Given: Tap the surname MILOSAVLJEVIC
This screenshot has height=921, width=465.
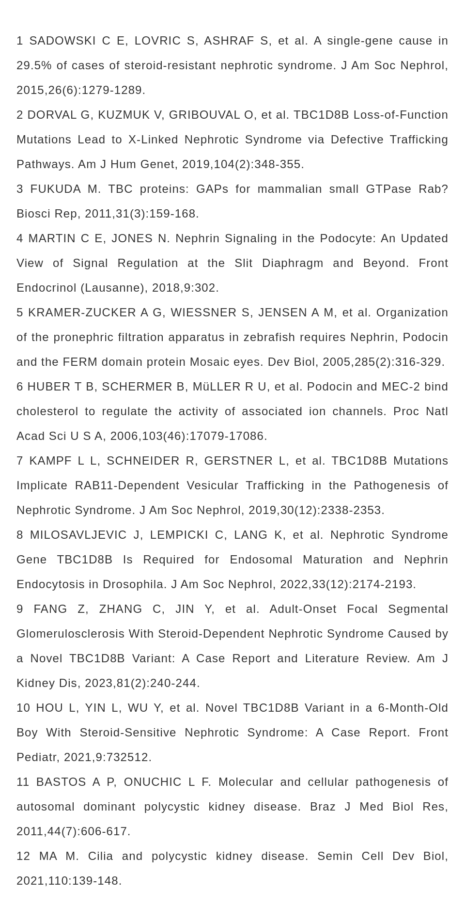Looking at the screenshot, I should [x=78, y=535].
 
